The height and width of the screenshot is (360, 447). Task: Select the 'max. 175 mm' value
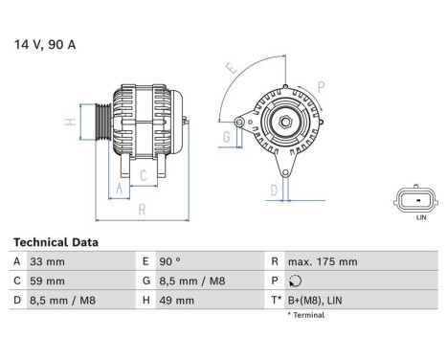click(x=323, y=261)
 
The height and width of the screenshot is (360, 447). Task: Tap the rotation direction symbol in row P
click(x=293, y=281)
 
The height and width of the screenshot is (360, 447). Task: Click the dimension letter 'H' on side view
click(x=70, y=123)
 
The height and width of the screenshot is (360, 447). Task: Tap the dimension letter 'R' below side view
click(x=141, y=208)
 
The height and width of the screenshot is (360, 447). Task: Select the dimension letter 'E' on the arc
click(x=230, y=69)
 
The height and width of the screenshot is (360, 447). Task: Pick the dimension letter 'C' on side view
click(x=144, y=175)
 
